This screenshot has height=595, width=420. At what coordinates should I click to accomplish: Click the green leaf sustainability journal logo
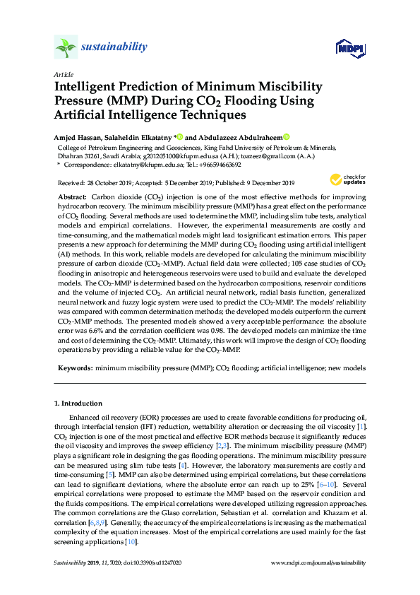click(x=66, y=47)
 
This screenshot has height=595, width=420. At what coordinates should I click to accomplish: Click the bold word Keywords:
click(x=75, y=369)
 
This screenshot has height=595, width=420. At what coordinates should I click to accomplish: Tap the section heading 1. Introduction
click(x=78, y=403)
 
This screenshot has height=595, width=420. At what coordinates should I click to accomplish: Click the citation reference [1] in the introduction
click(x=362, y=428)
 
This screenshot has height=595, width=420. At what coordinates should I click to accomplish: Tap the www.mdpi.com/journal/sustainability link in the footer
click(x=318, y=562)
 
